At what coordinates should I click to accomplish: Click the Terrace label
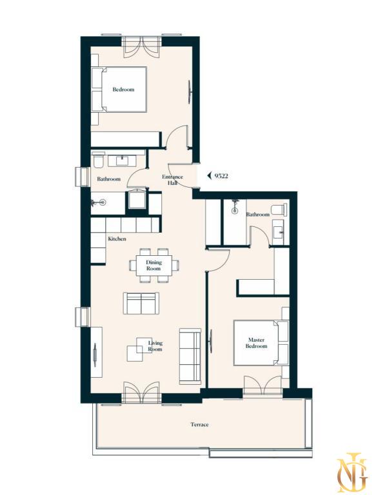(x=199, y=425)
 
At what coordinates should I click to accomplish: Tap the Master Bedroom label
(x=256, y=343)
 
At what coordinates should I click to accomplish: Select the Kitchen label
(x=117, y=239)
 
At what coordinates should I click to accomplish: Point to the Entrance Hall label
(x=173, y=180)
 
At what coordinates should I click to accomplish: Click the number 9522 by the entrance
(x=221, y=176)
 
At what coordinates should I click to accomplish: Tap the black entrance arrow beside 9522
(x=209, y=176)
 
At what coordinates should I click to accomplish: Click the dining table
(x=154, y=265)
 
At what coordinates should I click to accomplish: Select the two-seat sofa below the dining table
(x=141, y=303)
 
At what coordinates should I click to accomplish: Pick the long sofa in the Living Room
(x=190, y=356)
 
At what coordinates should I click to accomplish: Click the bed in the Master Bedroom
(x=261, y=343)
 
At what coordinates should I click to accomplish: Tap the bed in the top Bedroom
(x=119, y=90)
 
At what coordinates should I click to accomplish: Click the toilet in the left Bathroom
(x=97, y=160)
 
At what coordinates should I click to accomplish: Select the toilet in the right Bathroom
(x=280, y=209)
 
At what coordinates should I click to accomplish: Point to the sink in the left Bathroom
(x=123, y=161)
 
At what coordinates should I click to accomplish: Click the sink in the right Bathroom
(x=279, y=233)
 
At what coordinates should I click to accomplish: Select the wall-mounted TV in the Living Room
(x=95, y=354)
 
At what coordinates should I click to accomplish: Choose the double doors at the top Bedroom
(x=142, y=46)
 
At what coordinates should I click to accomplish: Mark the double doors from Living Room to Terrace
(x=142, y=393)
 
